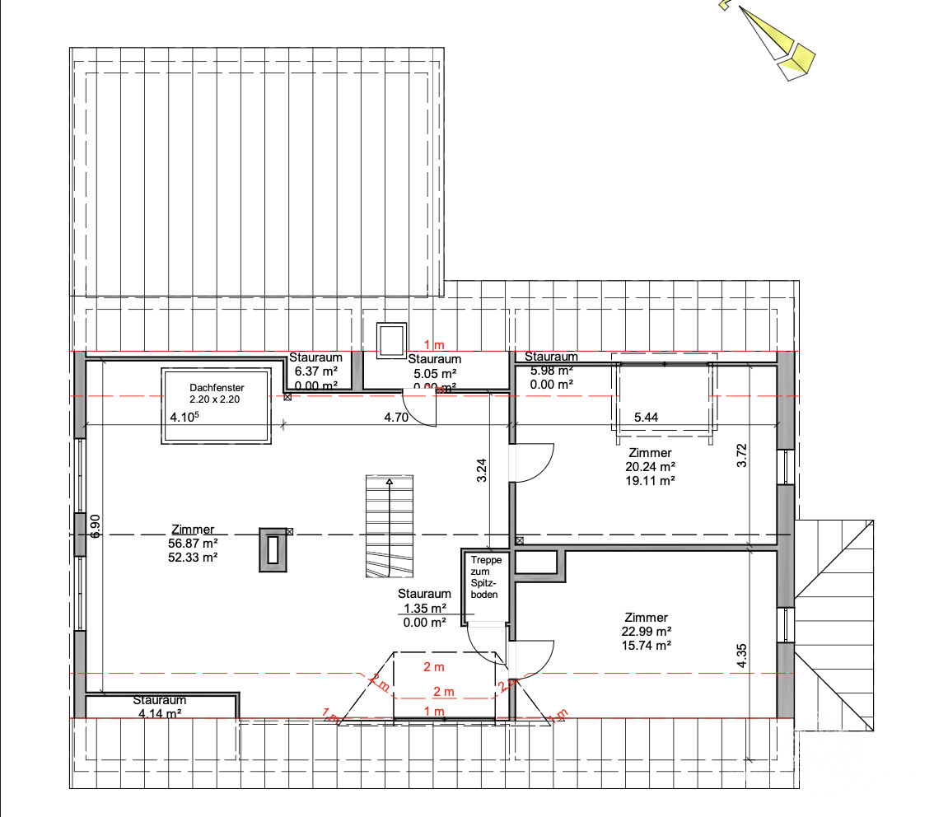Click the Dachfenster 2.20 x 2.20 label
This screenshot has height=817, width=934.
217,393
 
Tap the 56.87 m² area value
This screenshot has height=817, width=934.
194,544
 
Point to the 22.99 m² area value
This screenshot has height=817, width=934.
646,632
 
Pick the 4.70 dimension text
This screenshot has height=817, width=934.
396,417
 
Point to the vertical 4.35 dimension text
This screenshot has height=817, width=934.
741,654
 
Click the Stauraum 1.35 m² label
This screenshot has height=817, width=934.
424,608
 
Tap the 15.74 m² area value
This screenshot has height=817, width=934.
646,646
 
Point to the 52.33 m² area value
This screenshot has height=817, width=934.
194,558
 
